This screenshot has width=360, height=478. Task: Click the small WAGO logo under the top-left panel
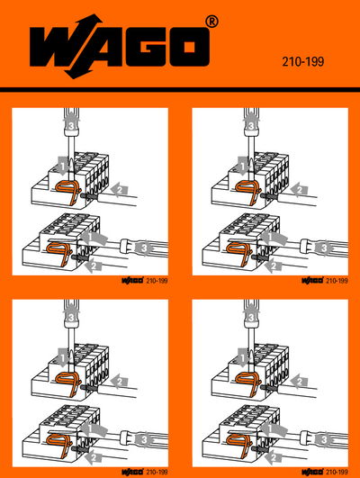[x=131, y=281]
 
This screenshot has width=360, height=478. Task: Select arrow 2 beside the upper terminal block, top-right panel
[x=301, y=190]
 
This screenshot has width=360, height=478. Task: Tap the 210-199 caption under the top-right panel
[x=336, y=281]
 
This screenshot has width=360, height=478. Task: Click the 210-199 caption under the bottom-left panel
[x=156, y=469]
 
